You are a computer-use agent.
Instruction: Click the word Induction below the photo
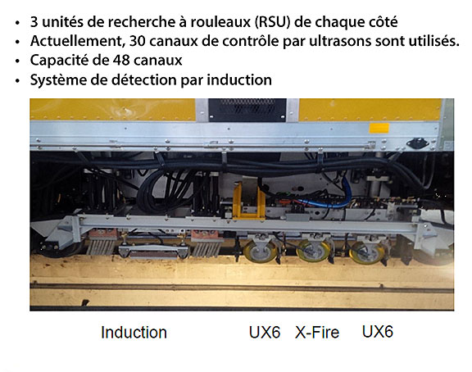134,333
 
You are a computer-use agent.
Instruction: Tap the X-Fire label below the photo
317,333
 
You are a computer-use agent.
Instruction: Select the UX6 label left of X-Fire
265,333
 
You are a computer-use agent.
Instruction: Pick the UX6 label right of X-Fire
378,332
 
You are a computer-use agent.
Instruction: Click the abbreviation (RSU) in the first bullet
272,22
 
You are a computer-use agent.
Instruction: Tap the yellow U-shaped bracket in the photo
249,201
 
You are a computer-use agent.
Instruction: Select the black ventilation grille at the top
247,110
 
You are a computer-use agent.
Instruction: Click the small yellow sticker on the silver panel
379,128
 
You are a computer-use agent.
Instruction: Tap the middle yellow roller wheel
314,251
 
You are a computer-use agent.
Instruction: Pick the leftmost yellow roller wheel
261,252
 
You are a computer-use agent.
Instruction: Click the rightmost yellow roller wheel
367,253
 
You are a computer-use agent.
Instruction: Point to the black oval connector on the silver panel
417,143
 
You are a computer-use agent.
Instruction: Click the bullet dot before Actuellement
18,42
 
